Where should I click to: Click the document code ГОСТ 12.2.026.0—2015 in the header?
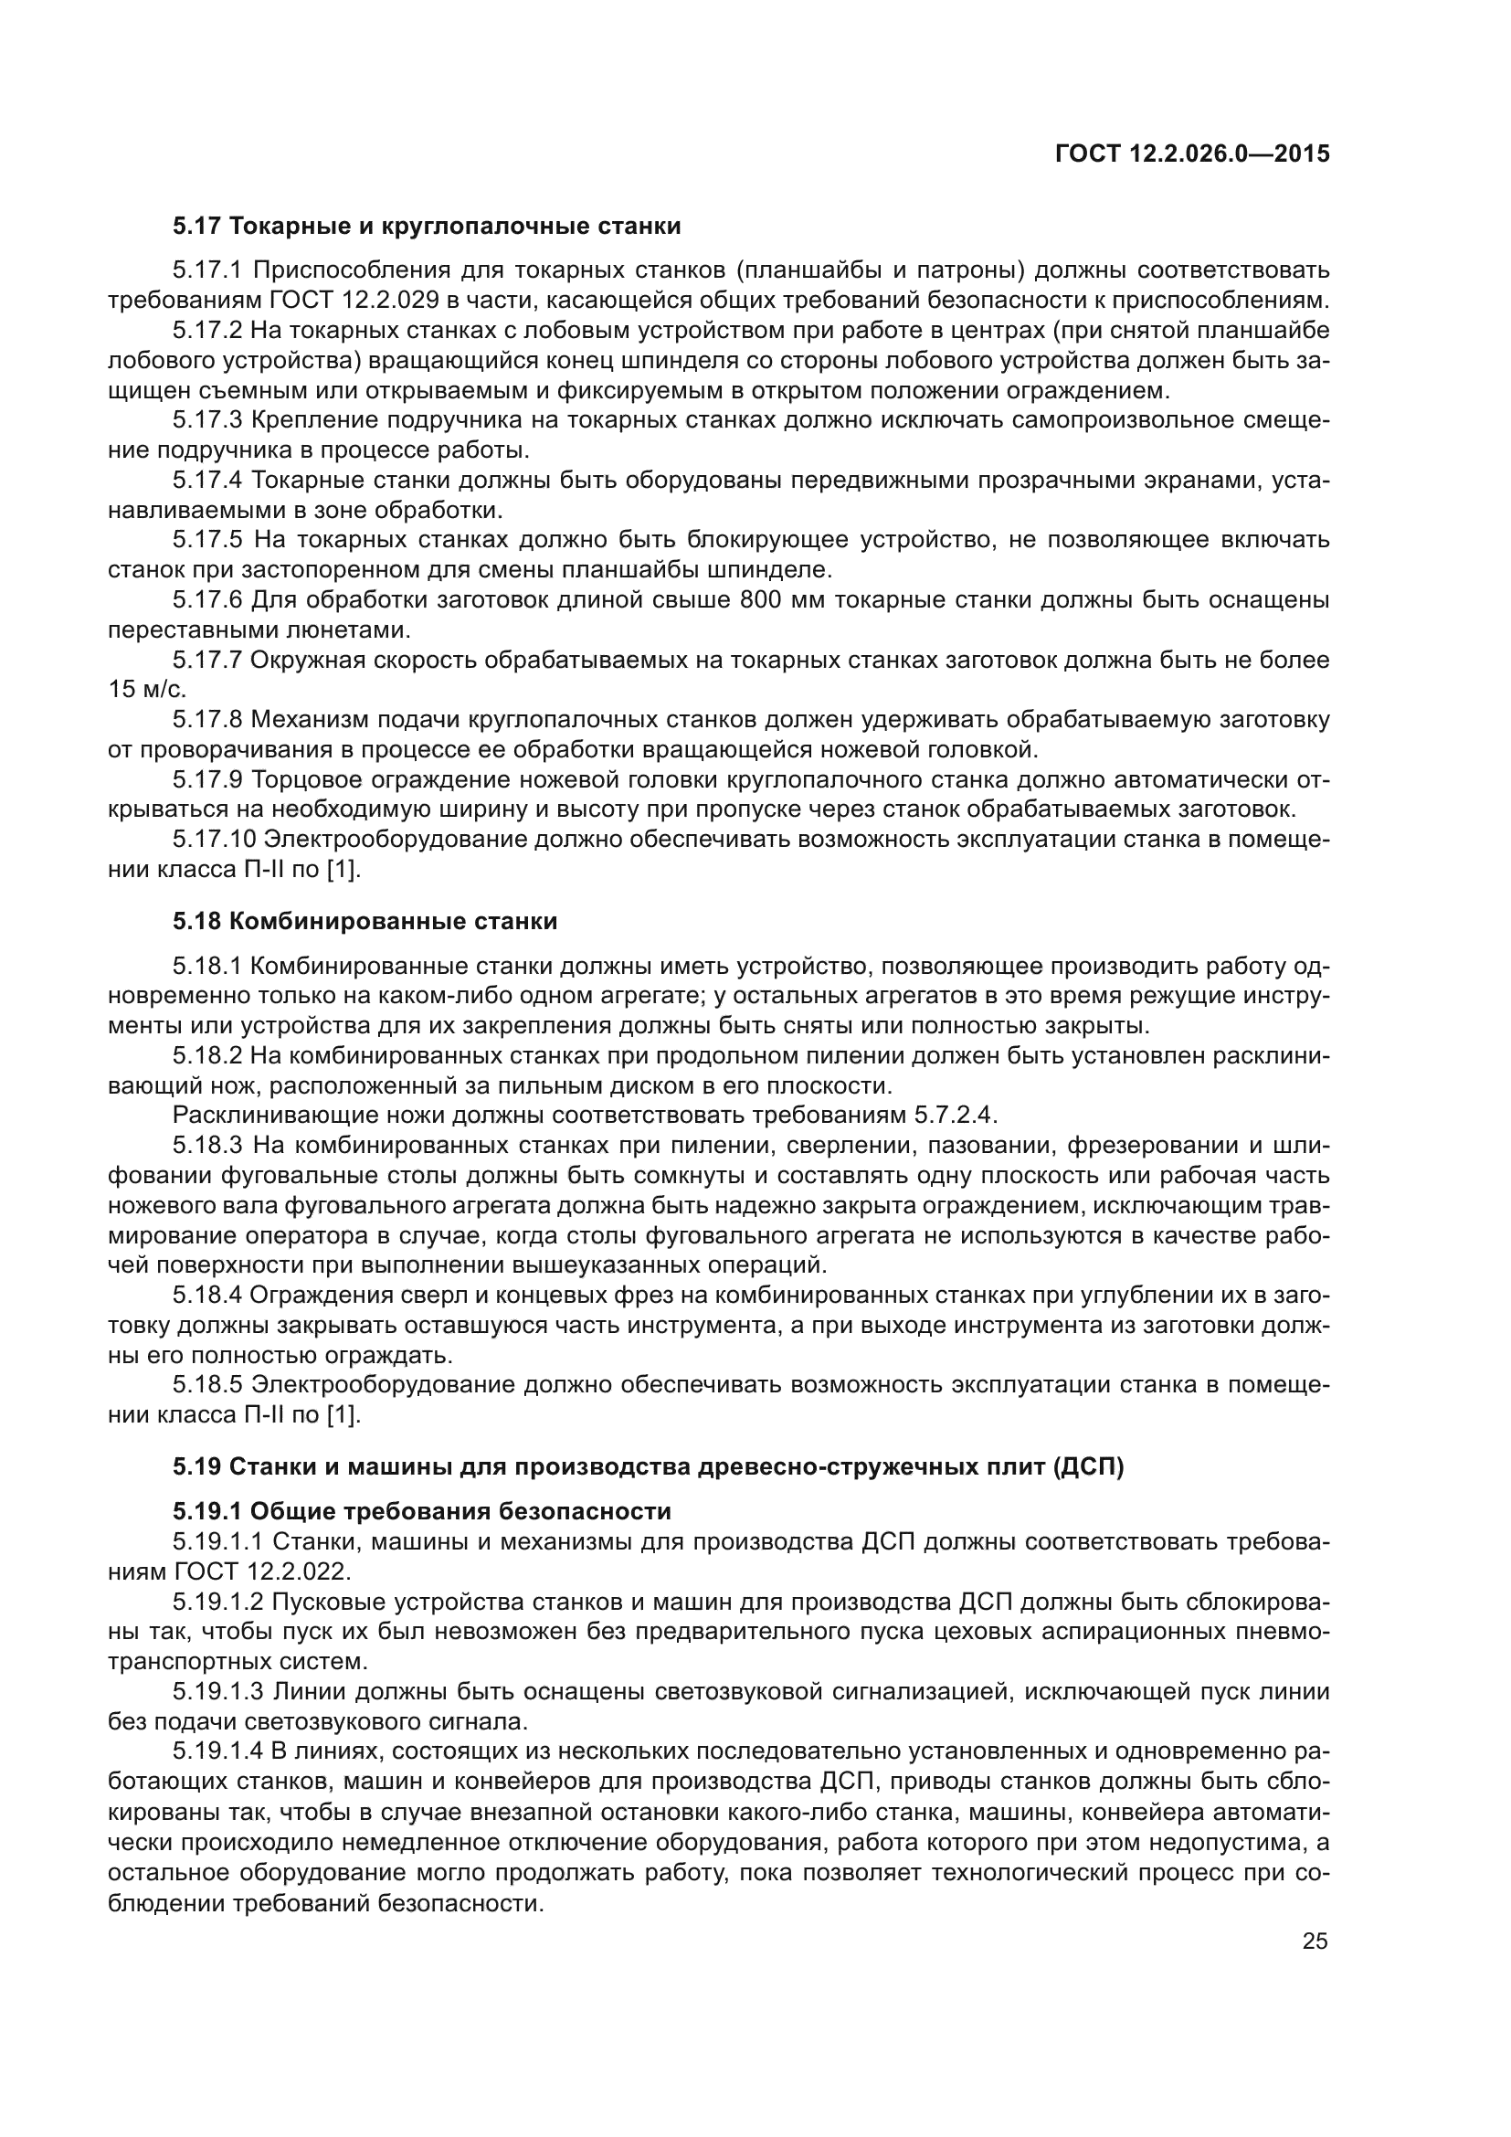pyautogui.click(x=1192, y=154)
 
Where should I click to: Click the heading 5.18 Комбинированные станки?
pyautogui.click(x=365, y=922)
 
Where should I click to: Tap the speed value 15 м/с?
pyautogui.click(x=147, y=690)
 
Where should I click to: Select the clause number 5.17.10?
pyautogui.click(x=214, y=840)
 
